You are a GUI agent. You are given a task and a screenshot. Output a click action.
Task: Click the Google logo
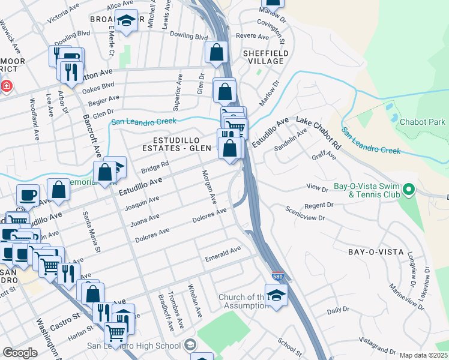pyautogui.click(x=20, y=353)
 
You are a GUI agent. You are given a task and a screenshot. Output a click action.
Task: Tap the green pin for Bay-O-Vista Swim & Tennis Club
pyautogui.click(x=409, y=191)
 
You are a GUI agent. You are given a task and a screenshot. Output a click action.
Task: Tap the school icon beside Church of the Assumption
pyautogui.click(x=276, y=295)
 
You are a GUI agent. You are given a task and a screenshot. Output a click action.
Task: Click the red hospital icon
pyautogui.click(x=6, y=86)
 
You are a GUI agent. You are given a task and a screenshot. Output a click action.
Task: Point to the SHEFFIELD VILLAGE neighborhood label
pyautogui.click(x=263, y=57)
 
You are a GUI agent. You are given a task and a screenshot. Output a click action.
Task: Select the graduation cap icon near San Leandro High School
pyautogui.click(x=190, y=344)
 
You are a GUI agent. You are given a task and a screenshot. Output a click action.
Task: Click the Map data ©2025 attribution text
pyautogui.click(x=423, y=355)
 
